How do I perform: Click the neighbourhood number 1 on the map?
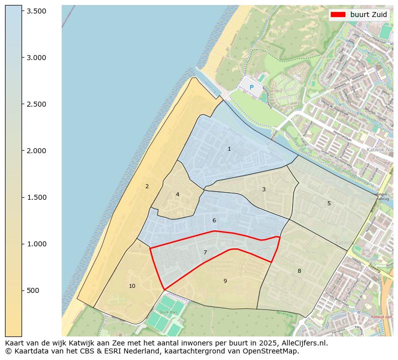[229, 149]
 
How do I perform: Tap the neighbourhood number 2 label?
[147, 186]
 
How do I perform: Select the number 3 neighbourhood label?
[264, 189]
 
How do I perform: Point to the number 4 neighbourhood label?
[177, 194]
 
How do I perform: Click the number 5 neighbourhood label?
[329, 203]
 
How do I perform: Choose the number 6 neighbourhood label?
[214, 220]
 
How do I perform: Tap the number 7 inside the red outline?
[205, 252]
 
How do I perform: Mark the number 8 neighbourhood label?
[299, 271]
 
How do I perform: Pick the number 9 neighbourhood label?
[225, 281]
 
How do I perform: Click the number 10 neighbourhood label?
[132, 286]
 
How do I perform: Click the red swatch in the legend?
[338, 15]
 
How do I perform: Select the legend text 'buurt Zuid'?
[368, 15]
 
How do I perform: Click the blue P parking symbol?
[252, 88]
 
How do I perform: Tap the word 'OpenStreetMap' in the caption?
[273, 351]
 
